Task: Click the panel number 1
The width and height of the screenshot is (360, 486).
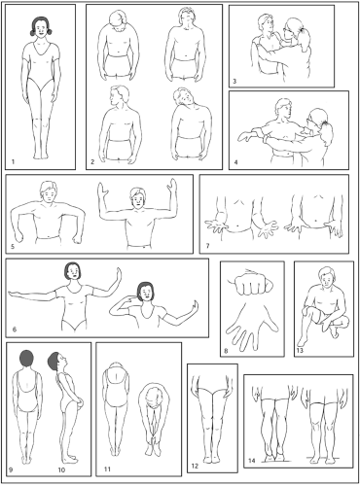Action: pyautogui.click(x=13, y=161)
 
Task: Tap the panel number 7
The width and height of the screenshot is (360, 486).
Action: pyautogui.click(x=207, y=246)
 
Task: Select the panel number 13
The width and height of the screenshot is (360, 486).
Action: pyautogui.click(x=300, y=350)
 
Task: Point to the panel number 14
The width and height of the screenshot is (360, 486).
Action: pyautogui.click(x=252, y=461)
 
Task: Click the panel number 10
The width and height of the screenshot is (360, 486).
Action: pyautogui.click(x=61, y=469)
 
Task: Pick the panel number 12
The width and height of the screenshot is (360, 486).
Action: pyautogui.click(x=195, y=467)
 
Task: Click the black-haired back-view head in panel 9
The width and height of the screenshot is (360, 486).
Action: pyautogui.click(x=27, y=359)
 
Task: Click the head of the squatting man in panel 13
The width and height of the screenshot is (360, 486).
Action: pyautogui.click(x=326, y=278)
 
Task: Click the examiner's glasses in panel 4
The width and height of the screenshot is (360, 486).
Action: pyautogui.click(x=310, y=121)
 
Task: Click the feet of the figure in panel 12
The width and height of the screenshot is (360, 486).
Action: pyautogui.click(x=212, y=459)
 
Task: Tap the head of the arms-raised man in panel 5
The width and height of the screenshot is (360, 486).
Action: pyautogui.click(x=137, y=198)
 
